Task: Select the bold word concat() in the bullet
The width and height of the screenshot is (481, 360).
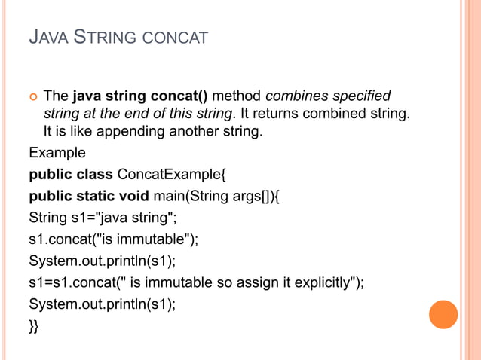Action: tap(185, 96)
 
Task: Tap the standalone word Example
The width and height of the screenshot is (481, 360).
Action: tap(57, 154)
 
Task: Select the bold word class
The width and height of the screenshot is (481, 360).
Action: tap(93, 175)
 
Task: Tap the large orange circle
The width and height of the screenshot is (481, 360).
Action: tap(443, 314)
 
